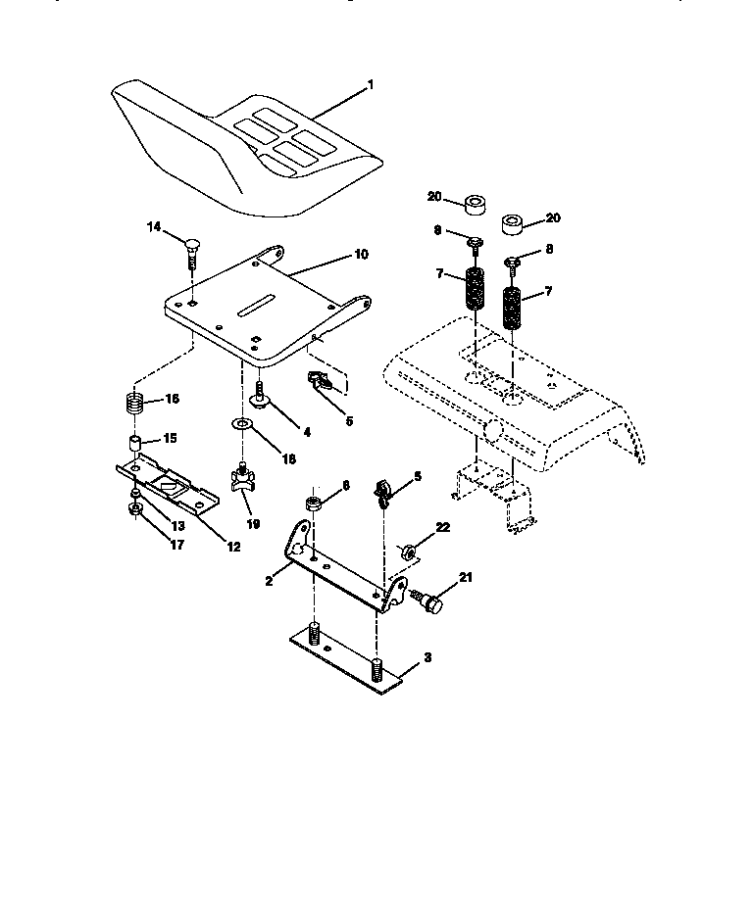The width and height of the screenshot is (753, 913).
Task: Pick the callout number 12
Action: [x=233, y=547]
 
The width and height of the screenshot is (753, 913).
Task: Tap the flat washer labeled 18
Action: [x=241, y=424]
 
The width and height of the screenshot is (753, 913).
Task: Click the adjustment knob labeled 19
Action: [x=241, y=481]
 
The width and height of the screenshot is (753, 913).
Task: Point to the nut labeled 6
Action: [x=315, y=505]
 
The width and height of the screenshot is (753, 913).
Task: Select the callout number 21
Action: [x=466, y=578]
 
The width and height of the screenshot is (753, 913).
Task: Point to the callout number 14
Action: [x=154, y=227]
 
